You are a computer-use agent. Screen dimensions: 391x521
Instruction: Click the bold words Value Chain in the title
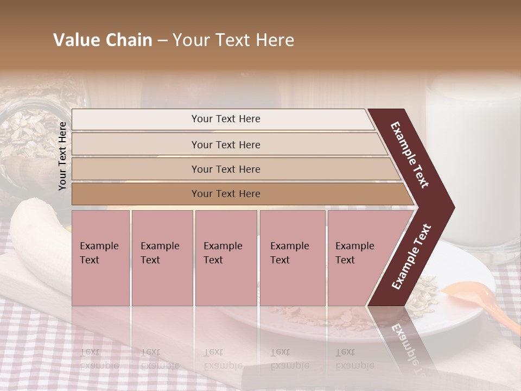click(103, 40)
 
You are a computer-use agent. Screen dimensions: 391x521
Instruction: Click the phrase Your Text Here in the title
click(233, 40)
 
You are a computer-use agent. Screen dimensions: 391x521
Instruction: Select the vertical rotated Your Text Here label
click(62, 156)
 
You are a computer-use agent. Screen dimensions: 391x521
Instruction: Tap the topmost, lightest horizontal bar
click(223, 119)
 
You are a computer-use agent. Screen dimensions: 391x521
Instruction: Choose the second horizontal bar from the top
click(228, 144)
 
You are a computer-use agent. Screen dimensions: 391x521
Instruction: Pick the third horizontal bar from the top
click(233, 169)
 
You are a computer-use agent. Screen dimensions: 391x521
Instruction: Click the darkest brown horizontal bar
click(239, 194)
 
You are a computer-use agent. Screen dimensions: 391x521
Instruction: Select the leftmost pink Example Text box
click(100, 257)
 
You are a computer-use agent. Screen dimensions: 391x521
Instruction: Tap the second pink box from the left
click(162, 257)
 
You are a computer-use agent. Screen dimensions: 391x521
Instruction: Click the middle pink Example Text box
click(226, 257)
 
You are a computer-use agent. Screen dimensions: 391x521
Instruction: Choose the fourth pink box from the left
click(293, 257)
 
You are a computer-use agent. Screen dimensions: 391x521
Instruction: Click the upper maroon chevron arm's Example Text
click(410, 155)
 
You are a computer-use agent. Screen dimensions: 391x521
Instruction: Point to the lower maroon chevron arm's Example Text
click(411, 256)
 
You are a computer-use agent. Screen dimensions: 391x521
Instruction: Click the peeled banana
click(38, 239)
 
